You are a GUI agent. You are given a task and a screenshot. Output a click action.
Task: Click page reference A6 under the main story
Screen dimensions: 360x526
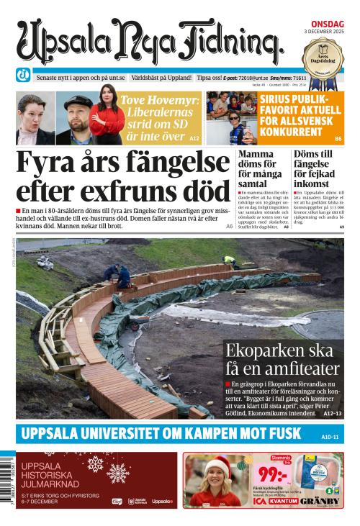tap(230, 227)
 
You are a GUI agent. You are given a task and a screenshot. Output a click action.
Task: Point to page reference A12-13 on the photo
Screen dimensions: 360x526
tap(333, 414)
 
